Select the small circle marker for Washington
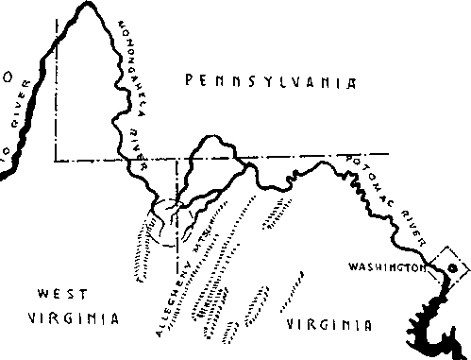450,268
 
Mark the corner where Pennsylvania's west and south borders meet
54,161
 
